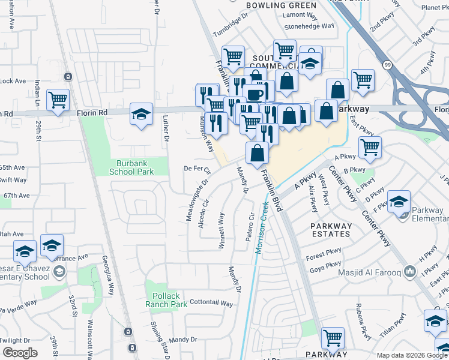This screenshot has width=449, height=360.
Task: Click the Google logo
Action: pyautogui.click(x=20, y=353)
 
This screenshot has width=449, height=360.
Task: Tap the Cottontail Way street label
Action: pyautogui.click(x=211, y=303)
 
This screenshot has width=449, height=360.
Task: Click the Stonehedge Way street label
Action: pyautogui.click(x=309, y=26)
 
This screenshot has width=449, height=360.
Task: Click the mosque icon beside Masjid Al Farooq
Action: pyautogui.click(x=410, y=271)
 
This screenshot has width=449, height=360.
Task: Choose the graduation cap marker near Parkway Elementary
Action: pyautogui.click(x=399, y=202)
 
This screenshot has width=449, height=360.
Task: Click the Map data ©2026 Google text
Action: pyautogui.click(x=412, y=355)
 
